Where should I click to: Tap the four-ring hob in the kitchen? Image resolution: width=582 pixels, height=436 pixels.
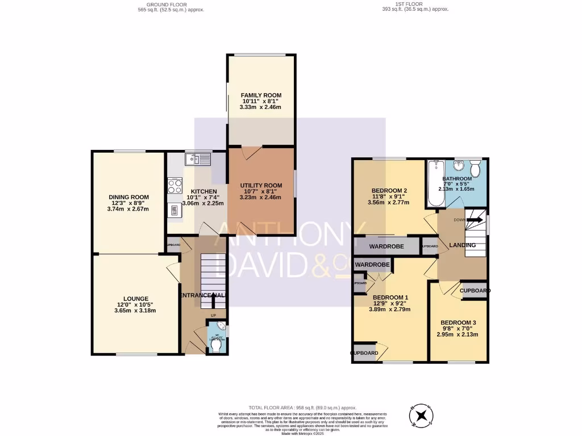(x=174, y=187)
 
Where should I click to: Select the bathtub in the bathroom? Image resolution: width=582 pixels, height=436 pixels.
(x=436, y=184)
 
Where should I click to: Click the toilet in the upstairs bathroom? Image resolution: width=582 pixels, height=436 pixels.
(x=476, y=169)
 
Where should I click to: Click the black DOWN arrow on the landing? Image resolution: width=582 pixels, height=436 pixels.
(x=476, y=219)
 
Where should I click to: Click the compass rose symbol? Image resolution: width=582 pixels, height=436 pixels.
(x=421, y=415)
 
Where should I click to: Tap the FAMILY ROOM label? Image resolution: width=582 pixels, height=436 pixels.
(x=261, y=95)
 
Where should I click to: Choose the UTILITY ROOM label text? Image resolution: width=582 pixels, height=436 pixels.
(x=261, y=186)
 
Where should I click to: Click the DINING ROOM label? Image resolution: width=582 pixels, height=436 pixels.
(x=128, y=197)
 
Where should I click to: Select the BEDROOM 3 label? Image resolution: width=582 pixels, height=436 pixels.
(x=458, y=322)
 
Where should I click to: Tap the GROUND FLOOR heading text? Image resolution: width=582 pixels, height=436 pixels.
(x=171, y=5)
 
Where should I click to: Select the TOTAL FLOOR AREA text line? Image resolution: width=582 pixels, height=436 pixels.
(x=302, y=408)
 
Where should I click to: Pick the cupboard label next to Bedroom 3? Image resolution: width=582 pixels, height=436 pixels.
(x=474, y=291)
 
